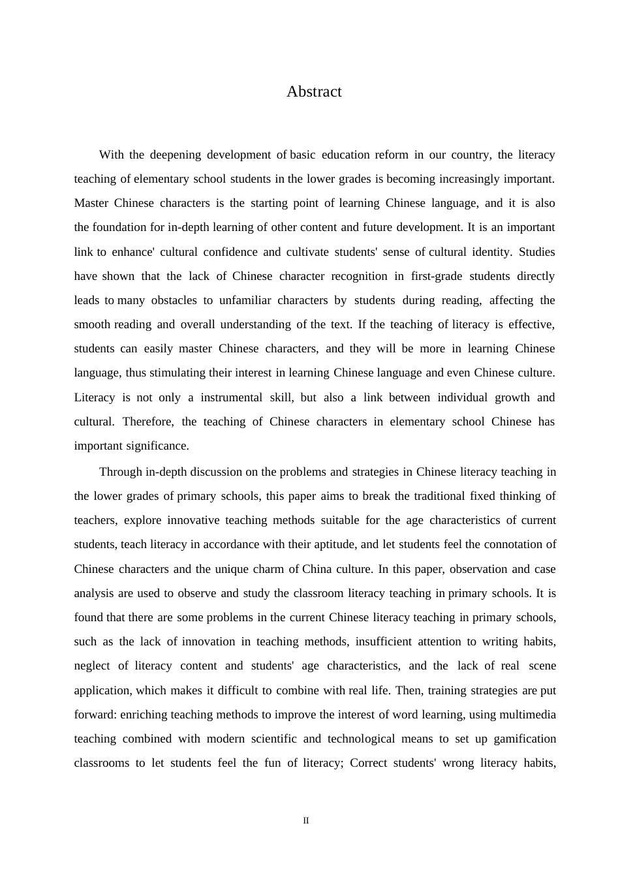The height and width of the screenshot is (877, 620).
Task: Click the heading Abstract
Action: click(314, 91)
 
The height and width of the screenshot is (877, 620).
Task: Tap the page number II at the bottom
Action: click(306, 821)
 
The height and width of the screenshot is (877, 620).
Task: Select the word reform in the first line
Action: click(391, 155)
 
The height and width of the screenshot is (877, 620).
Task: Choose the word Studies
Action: click(536, 252)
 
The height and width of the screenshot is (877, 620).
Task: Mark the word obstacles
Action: click(174, 300)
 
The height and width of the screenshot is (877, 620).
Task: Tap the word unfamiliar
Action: click(245, 300)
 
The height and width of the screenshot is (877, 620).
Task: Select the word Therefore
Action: click(148, 422)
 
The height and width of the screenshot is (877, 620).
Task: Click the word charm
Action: click(267, 569)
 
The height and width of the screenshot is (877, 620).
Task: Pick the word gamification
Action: click(525, 739)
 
